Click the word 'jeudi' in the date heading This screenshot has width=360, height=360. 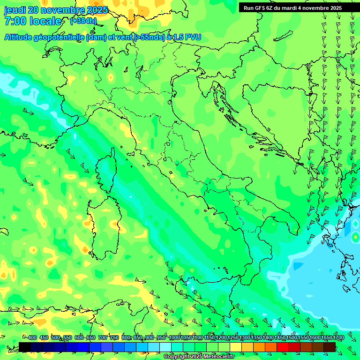(15, 10)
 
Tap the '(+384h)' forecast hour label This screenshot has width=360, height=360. (83, 21)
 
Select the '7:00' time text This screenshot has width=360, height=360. (14, 21)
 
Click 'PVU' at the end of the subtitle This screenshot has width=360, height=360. (193, 37)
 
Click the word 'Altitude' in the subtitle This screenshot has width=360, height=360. (21, 37)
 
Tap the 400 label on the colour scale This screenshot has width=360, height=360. (32, 337)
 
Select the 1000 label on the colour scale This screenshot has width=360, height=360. (174, 337)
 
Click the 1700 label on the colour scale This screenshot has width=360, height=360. (338, 337)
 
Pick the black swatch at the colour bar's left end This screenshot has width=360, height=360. (25, 347)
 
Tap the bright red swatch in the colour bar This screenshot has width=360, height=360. (283, 347)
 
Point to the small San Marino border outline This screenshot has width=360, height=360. (170, 173)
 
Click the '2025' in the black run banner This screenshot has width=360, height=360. (334, 8)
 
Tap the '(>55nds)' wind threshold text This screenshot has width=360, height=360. (149, 37)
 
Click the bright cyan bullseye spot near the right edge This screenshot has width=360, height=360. (355, 238)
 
